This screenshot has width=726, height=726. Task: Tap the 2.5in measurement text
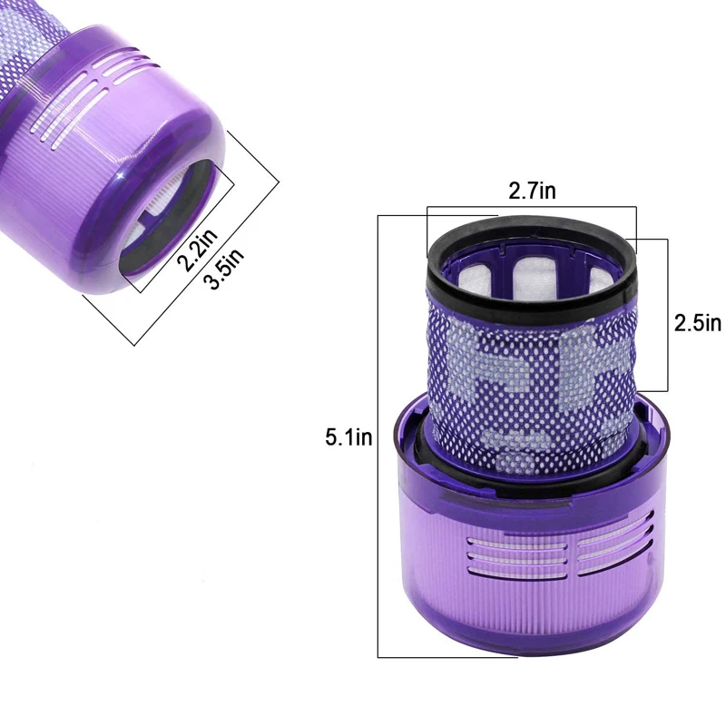click(697, 323)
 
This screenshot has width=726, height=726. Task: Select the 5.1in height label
click(349, 438)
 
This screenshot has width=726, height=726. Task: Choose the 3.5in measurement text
click(223, 270)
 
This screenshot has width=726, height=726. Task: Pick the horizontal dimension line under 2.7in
click(531, 208)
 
